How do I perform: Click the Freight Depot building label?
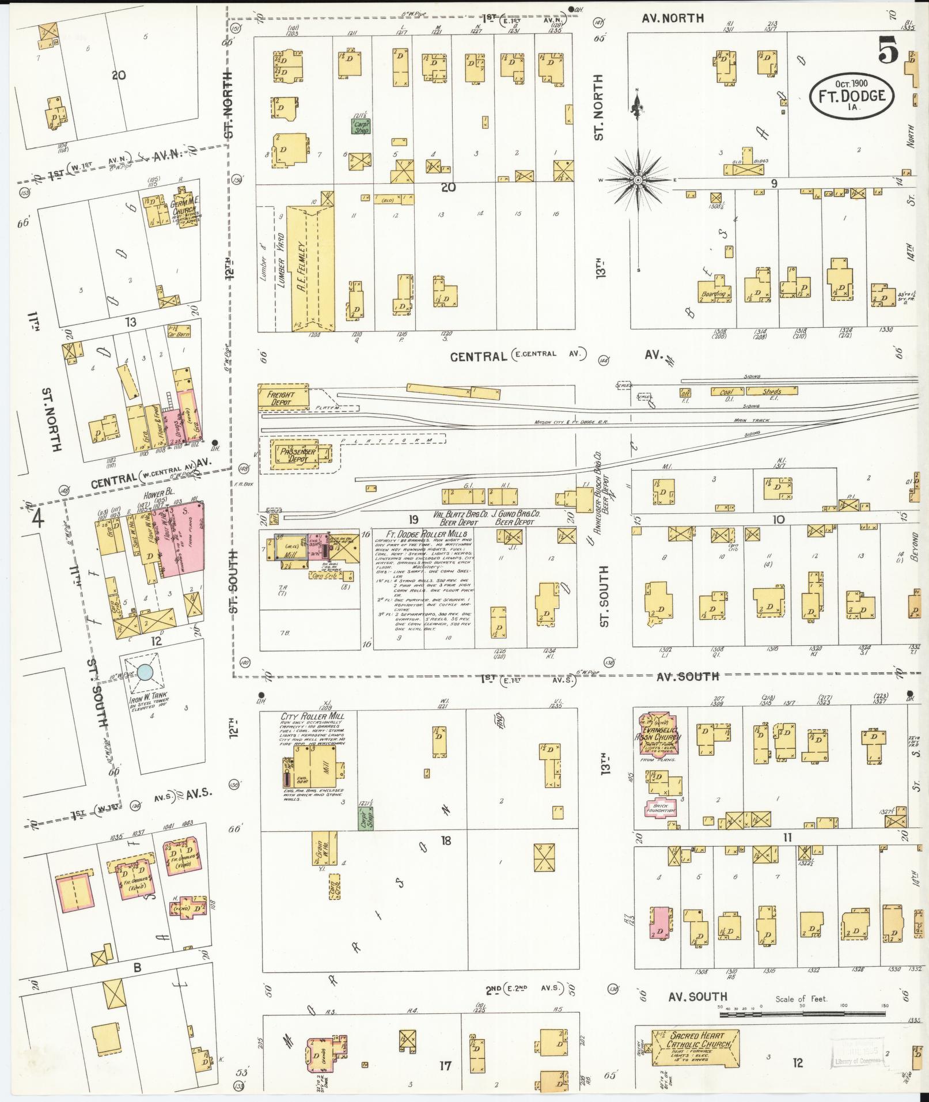(x=280, y=397)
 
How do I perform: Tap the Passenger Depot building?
(x=297, y=455)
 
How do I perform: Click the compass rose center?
(x=638, y=180)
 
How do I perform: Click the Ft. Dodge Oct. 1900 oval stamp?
(x=851, y=96)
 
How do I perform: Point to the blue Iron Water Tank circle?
(x=145, y=671)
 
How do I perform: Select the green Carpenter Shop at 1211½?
(x=362, y=126)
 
